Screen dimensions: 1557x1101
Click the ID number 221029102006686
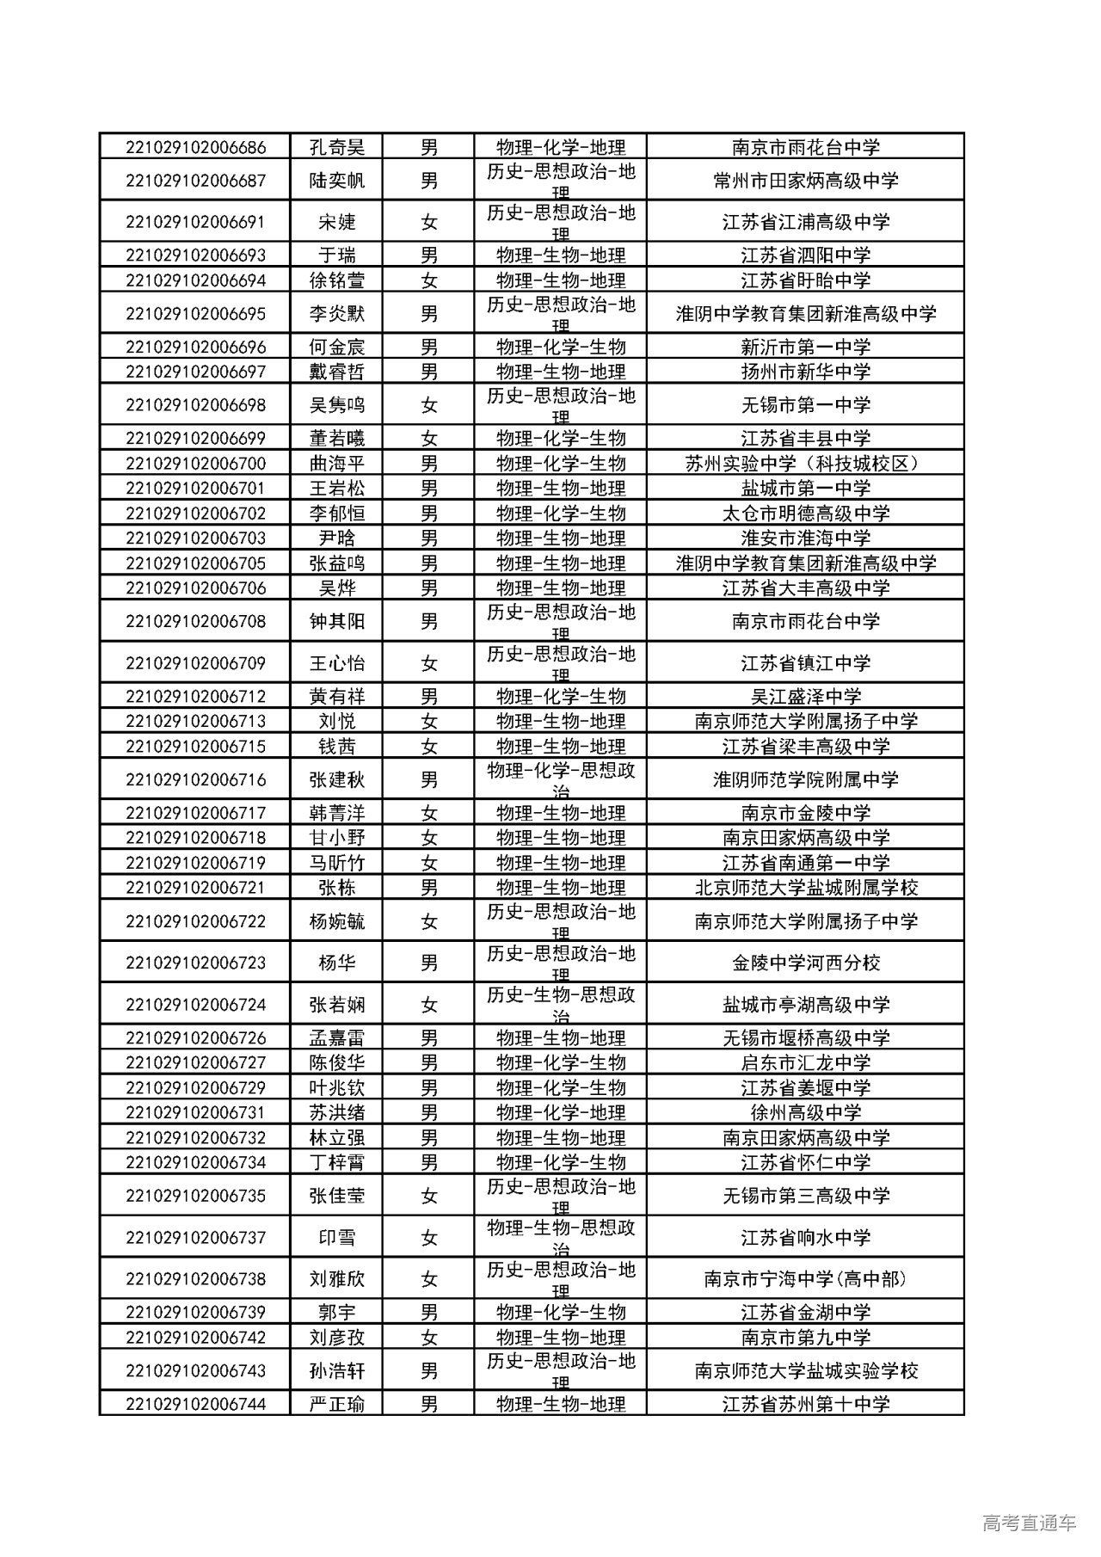[195, 147]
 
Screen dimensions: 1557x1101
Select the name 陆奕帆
[336, 181]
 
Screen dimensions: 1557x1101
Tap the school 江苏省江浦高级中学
[805, 222]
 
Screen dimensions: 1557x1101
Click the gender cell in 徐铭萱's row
[428, 280]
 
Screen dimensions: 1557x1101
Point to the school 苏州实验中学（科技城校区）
[805, 464]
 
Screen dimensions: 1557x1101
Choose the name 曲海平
[336, 464]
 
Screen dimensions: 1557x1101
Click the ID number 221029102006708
[195, 621]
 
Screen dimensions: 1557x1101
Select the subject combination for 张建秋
[560, 779]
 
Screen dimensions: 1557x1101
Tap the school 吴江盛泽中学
[805, 697]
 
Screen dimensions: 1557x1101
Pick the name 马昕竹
[336, 863]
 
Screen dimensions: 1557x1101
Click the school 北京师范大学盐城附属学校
[805, 888]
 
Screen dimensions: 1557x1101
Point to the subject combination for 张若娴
[560, 1004]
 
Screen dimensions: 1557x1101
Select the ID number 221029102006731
[195, 1112]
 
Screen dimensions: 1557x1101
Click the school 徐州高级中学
[805, 1112]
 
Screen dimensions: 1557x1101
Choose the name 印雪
[336, 1238]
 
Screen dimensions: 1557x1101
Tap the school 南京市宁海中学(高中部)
[805, 1279]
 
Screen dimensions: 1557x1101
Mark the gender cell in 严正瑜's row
[428, 1405]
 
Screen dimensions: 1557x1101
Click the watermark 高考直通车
[1028, 1523]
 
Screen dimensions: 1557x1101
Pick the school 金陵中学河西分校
[805, 963]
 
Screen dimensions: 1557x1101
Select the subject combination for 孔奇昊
[560, 147]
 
